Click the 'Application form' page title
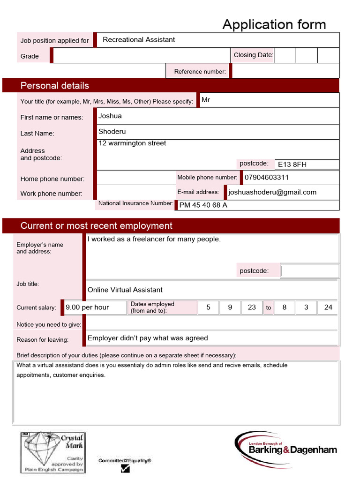tap(274, 24)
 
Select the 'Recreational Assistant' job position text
tap(139, 40)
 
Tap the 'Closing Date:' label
tap(253, 55)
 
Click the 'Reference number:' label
tap(200, 72)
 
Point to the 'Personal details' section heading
tap(54, 86)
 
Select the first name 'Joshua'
tap(110, 116)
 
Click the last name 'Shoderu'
tap(112, 132)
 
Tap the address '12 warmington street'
tap(132, 143)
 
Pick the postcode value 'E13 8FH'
tap(292, 165)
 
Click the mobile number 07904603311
tap(267, 178)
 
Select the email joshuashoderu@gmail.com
tap(272, 192)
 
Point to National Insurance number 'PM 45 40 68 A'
tap(203, 205)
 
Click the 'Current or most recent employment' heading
tap(96, 226)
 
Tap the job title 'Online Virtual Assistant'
tap(125, 290)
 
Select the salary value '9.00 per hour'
tap(87, 307)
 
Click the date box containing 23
tap(252, 307)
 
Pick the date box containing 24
tap(328, 307)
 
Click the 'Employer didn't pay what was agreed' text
tap(148, 338)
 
